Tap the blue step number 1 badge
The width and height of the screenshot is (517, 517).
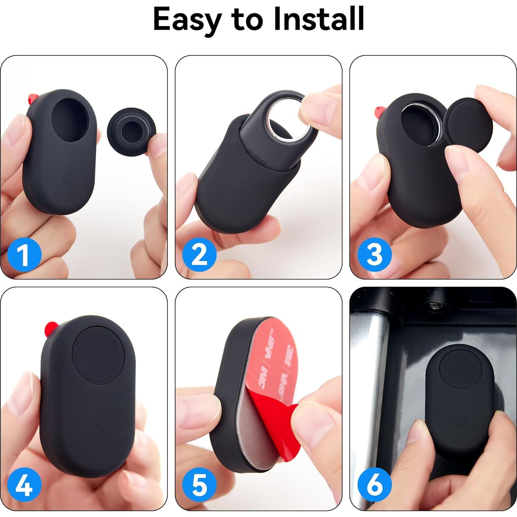coord(24,255)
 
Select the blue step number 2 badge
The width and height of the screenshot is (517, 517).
coord(199,255)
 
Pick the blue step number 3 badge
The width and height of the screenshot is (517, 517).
coord(374,255)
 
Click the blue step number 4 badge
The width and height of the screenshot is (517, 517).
coord(24,485)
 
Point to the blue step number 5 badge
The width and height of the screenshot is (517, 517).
coord(199,485)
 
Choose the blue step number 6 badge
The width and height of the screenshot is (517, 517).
coord(374,485)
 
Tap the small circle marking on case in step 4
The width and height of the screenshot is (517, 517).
coord(97,431)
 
